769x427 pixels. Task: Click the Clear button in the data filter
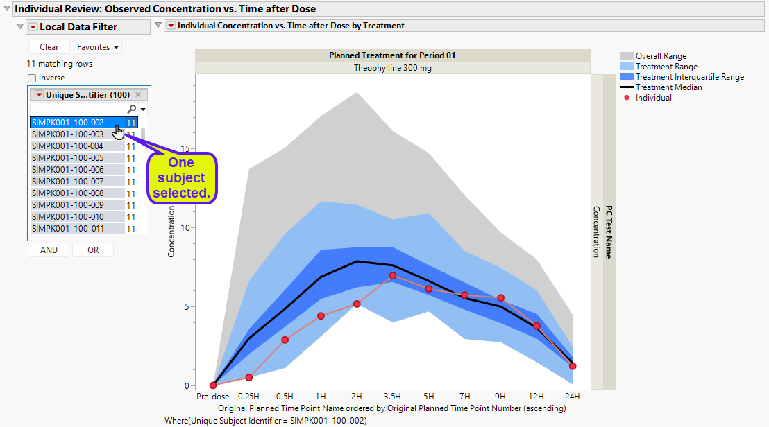click(x=49, y=47)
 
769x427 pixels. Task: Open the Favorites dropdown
click(x=98, y=47)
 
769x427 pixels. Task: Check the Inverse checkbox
click(x=32, y=78)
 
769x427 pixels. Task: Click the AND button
click(x=49, y=250)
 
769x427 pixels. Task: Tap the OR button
click(x=93, y=250)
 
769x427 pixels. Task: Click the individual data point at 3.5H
click(x=393, y=275)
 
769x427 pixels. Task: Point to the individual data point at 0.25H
click(x=249, y=377)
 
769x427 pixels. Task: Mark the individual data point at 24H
click(x=573, y=366)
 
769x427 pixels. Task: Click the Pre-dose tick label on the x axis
click(x=213, y=397)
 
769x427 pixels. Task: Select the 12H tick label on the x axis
click(x=536, y=397)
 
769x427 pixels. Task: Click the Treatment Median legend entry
click(x=668, y=87)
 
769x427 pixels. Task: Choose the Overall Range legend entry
click(x=661, y=56)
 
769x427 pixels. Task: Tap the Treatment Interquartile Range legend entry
click(x=689, y=77)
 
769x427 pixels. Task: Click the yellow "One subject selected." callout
click(x=181, y=177)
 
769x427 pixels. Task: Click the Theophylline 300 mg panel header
click(x=392, y=68)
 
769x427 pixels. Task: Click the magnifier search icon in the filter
click(x=132, y=110)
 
